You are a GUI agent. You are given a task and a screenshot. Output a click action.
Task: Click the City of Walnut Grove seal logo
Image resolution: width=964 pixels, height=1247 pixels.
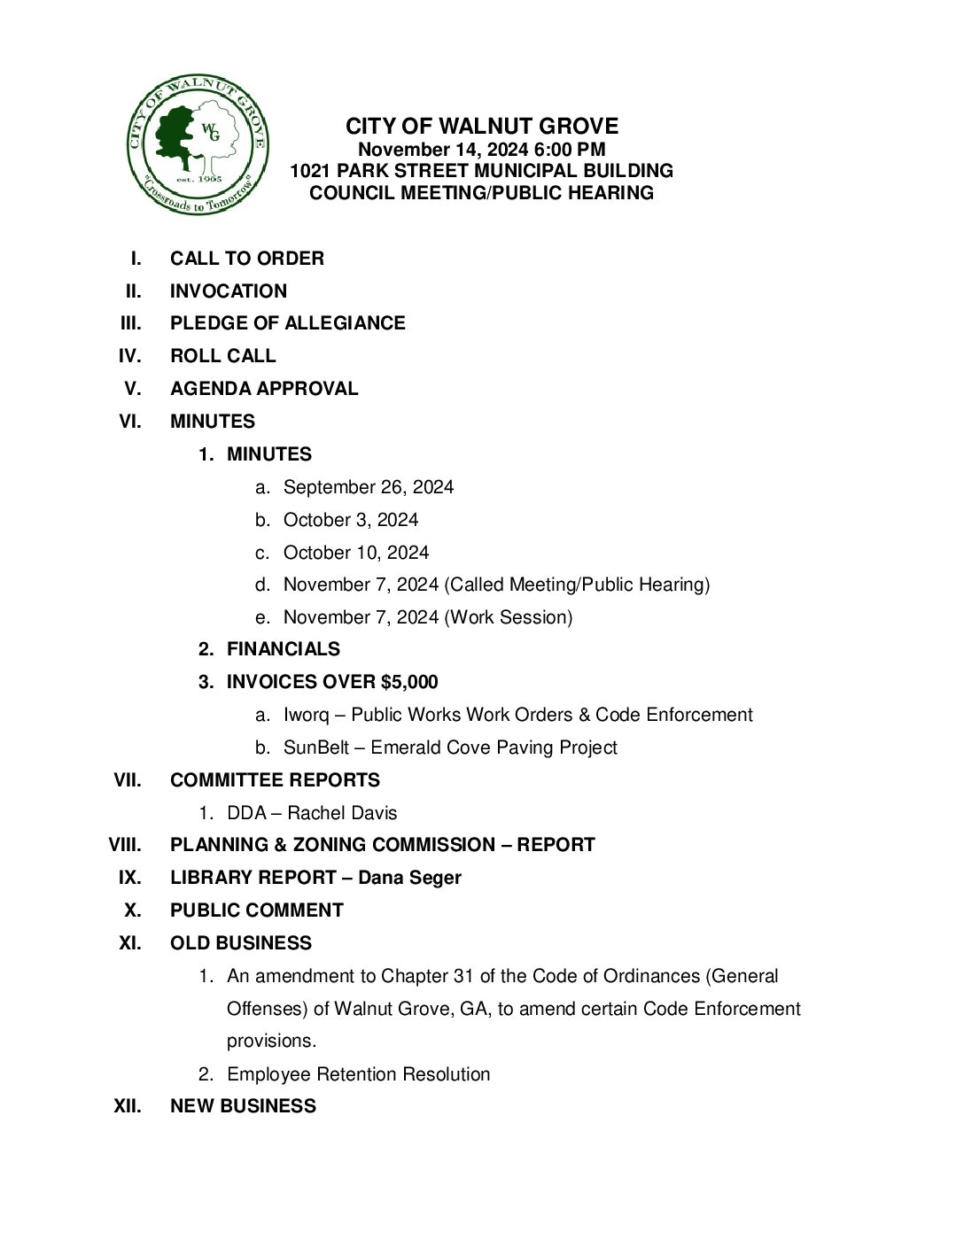[x=197, y=144]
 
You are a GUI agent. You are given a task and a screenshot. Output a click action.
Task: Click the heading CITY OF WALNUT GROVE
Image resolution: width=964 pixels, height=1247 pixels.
[x=481, y=126]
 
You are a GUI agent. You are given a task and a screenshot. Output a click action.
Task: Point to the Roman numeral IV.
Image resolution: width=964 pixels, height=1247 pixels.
[x=129, y=356]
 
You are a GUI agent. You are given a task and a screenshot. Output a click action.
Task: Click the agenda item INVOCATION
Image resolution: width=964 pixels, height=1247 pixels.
[x=229, y=291]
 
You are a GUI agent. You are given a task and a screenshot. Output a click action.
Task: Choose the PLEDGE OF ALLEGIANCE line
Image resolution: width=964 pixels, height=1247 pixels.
[x=287, y=323]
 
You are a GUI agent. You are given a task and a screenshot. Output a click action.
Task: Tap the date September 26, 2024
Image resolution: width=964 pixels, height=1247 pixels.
[x=368, y=487]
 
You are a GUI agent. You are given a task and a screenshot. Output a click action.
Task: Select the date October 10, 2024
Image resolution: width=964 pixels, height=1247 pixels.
[x=355, y=553]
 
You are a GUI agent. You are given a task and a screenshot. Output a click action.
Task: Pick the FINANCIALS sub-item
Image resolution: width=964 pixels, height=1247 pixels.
[x=283, y=649]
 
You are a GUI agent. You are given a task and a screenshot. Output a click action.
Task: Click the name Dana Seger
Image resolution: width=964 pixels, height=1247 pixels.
[x=409, y=878]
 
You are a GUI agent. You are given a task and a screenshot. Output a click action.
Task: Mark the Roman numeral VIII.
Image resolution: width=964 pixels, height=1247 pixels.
[x=124, y=845]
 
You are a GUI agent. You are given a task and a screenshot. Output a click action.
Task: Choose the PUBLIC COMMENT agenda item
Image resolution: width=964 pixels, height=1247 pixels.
[x=256, y=910]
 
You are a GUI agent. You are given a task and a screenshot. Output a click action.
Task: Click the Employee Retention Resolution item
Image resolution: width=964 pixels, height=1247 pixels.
[x=358, y=1074]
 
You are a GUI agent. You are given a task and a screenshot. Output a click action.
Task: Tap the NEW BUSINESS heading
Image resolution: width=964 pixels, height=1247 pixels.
[x=243, y=1106]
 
